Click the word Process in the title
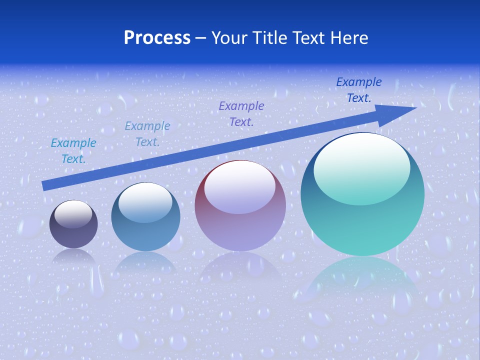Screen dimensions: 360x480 point(157,38)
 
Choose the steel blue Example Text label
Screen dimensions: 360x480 point(147,134)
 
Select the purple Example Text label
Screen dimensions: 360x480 point(241,113)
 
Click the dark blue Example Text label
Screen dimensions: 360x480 point(358,90)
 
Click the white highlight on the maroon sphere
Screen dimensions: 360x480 point(240,186)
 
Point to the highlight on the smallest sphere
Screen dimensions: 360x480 point(73,214)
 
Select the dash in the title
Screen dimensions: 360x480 point(201,38)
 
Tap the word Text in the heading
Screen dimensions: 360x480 point(309,38)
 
